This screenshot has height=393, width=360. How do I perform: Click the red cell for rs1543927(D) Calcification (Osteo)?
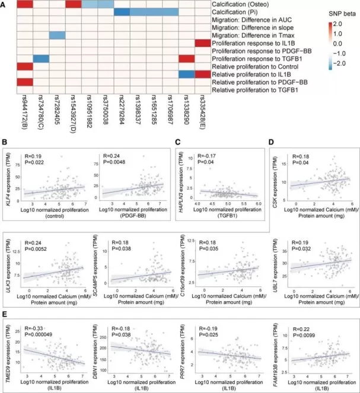point(74,4)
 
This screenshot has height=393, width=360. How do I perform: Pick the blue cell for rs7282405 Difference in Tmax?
point(57,35)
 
